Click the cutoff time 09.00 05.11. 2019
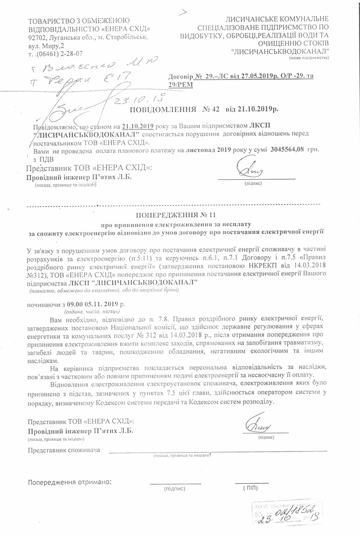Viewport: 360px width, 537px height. tap(90, 304)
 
